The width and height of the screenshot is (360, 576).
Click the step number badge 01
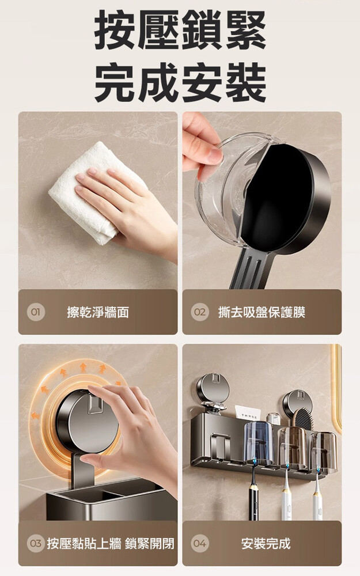tap(35, 312)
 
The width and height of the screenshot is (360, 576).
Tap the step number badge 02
tap(199, 312)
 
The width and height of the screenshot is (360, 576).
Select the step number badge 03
tap(35, 543)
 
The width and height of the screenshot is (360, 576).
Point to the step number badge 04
tap(199, 543)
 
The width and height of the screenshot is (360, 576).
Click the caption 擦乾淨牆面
tap(98, 312)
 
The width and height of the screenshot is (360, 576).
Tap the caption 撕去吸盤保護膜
tap(262, 312)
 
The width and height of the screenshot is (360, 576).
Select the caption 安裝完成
tap(266, 543)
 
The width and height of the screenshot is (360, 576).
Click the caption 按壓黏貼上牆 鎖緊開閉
tap(110, 543)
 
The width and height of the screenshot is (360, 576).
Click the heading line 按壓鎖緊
tap(180, 30)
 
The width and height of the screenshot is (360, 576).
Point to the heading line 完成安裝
tap(180, 82)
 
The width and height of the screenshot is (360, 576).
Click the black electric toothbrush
tap(254, 492)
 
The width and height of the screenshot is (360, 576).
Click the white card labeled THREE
tap(247, 413)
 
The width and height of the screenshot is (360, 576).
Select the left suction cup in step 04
tap(213, 389)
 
